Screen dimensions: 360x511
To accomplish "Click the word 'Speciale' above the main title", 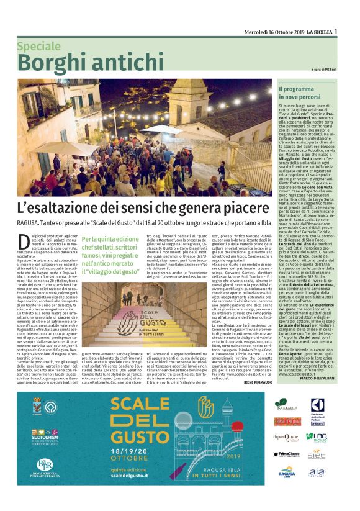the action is pos(38,47).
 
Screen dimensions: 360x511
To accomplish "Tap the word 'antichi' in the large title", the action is pos(127,63).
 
